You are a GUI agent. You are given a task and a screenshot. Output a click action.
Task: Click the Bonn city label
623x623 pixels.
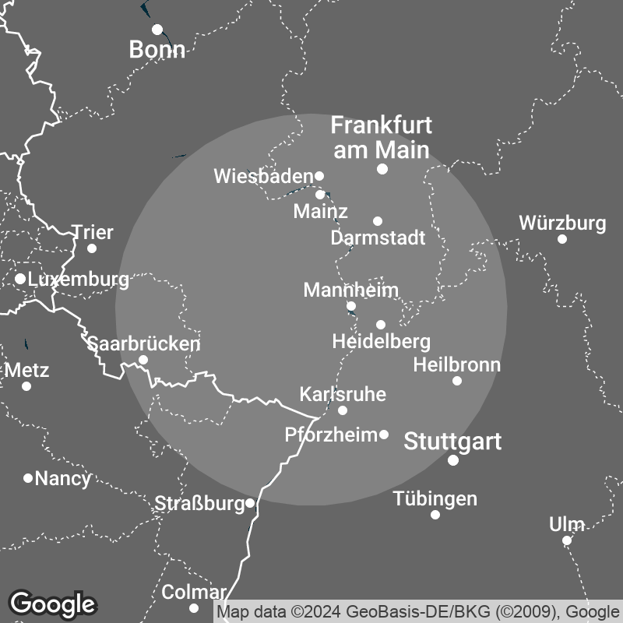click(x=157, y=51)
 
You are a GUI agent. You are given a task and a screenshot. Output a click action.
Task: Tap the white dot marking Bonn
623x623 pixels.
click(x=157, y=30)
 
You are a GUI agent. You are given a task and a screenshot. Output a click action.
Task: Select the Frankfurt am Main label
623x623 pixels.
click(x=382, y=137)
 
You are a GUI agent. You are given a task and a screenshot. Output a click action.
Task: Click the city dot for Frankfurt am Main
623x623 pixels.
click(x=382, y=169)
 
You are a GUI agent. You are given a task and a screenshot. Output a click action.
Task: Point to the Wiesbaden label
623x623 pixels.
click(x=263, y=177)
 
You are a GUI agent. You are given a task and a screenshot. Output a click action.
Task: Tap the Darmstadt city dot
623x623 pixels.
click(x=378, y=221)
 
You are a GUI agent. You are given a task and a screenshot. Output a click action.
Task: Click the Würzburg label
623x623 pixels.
click(x=562, y=224)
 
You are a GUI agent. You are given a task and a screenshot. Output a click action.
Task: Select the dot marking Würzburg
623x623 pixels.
click(x=562, y=239)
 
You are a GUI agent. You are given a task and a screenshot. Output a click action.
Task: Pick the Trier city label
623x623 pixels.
click(x=93, y=233)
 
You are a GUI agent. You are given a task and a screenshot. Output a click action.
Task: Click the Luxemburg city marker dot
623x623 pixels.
click(x=20, y=278)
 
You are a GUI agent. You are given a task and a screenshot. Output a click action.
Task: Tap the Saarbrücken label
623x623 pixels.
click(x=143, y=343)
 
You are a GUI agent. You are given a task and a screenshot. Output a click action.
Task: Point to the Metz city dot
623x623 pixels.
click(x=26, y=386)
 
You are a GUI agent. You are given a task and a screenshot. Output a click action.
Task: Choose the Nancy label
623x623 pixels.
click(x=63, y=478)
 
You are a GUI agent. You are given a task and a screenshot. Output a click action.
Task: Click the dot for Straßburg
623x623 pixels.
click(x=250, y=503)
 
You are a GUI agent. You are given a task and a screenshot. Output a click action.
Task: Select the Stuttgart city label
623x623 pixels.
click(x=452, y=442)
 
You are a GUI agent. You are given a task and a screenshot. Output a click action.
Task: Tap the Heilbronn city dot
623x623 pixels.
click(x=457, y=381)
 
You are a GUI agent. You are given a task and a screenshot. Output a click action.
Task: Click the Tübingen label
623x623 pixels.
click(x=435, y=498)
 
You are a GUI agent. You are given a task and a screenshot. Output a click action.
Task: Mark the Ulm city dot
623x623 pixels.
click(x=567, y=540)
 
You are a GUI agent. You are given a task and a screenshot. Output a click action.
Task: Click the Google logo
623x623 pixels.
click(x=53, y=604)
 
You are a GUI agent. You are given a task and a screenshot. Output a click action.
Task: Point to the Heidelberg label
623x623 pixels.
click(x=381, y=341)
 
